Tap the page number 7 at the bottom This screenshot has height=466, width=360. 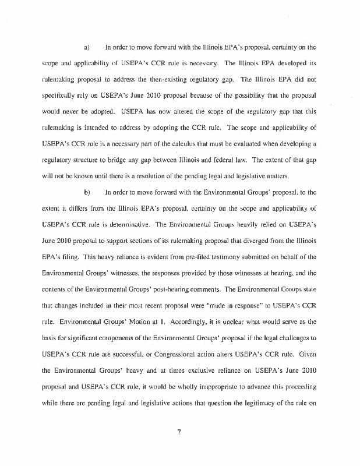(180, 431)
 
